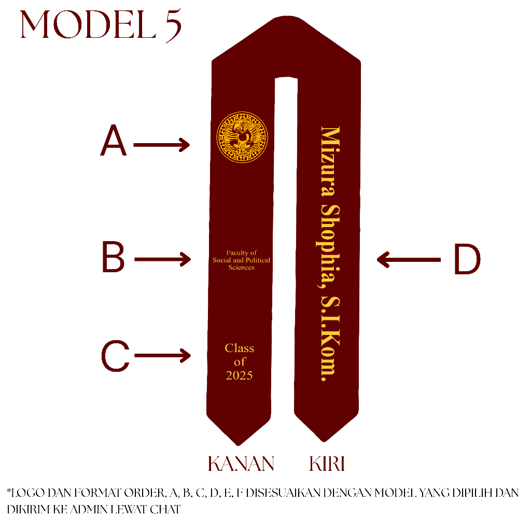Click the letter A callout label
(x=114, y=143)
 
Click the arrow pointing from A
(x=162, y=145)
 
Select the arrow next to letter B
(x=162, y=259)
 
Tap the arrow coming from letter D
(x=408, y=259)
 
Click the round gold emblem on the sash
(x=242, y=137)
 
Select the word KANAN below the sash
(x=241, y=464)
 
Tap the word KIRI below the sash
(x=327, y=464)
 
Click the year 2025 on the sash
(x=239, y=375)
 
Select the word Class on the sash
(x=240, y=348)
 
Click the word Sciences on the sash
(x=242, y=268)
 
